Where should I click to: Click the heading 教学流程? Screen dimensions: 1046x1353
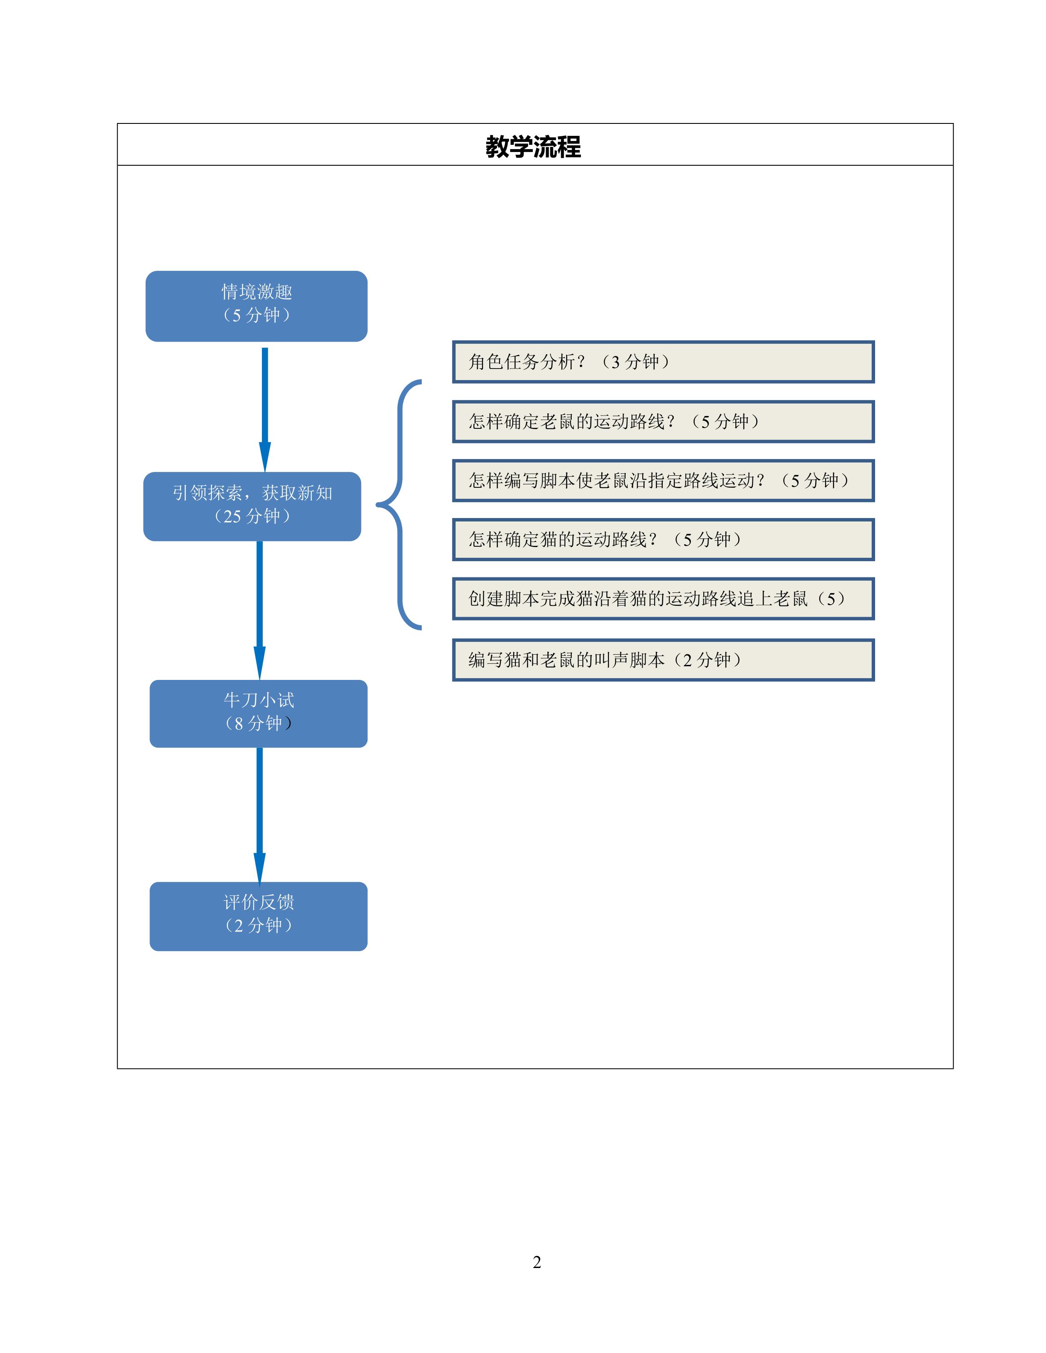[x=533, y=147]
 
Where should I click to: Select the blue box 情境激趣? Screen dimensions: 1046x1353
[x=256, y=306]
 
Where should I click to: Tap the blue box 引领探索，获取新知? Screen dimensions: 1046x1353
[x=252, y=506]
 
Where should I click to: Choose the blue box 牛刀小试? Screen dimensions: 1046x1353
[x=259, y=713]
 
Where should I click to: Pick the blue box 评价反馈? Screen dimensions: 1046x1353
[x=259, y=916]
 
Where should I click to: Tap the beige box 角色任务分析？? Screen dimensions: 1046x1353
[x=663, y=362]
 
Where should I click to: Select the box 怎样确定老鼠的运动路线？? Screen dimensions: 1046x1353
[x=663, y=421]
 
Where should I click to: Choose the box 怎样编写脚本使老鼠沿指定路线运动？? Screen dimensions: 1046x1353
[x=663, y=480]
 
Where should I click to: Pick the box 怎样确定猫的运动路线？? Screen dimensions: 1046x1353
[x=663, y=539]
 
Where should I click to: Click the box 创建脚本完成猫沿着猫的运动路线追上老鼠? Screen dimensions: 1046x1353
[x=663, y=598]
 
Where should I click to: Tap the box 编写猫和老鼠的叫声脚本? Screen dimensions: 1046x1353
[x=663, y=660]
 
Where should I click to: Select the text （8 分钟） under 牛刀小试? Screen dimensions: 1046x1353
[x=259, y=723]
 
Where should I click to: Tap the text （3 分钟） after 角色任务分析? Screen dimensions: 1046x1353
[x=636, y=362]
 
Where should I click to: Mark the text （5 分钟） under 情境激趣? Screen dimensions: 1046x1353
[x=256, y=315]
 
